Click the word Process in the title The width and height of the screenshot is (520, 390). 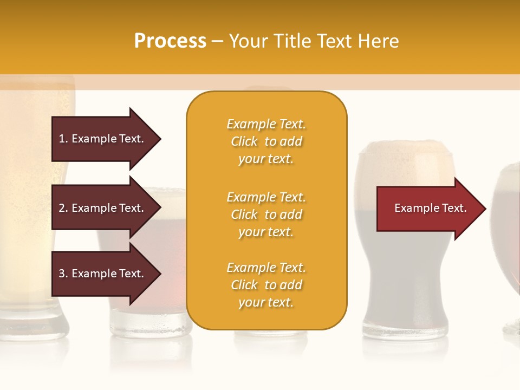pyautogui.click(x=170, y=41)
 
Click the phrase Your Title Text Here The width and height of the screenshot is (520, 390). pyautogui.click(x=314, y=41)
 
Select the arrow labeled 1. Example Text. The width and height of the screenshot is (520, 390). pyautogui.click(x=103, y=139)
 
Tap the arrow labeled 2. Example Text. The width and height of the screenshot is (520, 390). pyautogui.click(x=103, y=208)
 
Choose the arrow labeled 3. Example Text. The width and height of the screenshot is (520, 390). pyautogui.click(x=103, y=274)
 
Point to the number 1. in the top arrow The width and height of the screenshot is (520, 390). pyautogui.click(x=63, y=139)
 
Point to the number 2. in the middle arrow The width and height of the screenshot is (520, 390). pyautogui.click(x=63, y=209)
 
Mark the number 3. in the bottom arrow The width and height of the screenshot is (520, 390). pyautogui.click(x=63, y=274)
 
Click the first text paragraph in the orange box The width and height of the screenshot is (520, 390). pyautogui.click(x=266, y=141)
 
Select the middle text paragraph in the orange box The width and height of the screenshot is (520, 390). pyautogui.click(x=266, y=214)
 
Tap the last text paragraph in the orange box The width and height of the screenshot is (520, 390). pyautogui.click(x=266, y=285)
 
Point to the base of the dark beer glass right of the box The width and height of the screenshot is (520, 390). pyautogui.click(x=405, y=328)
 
